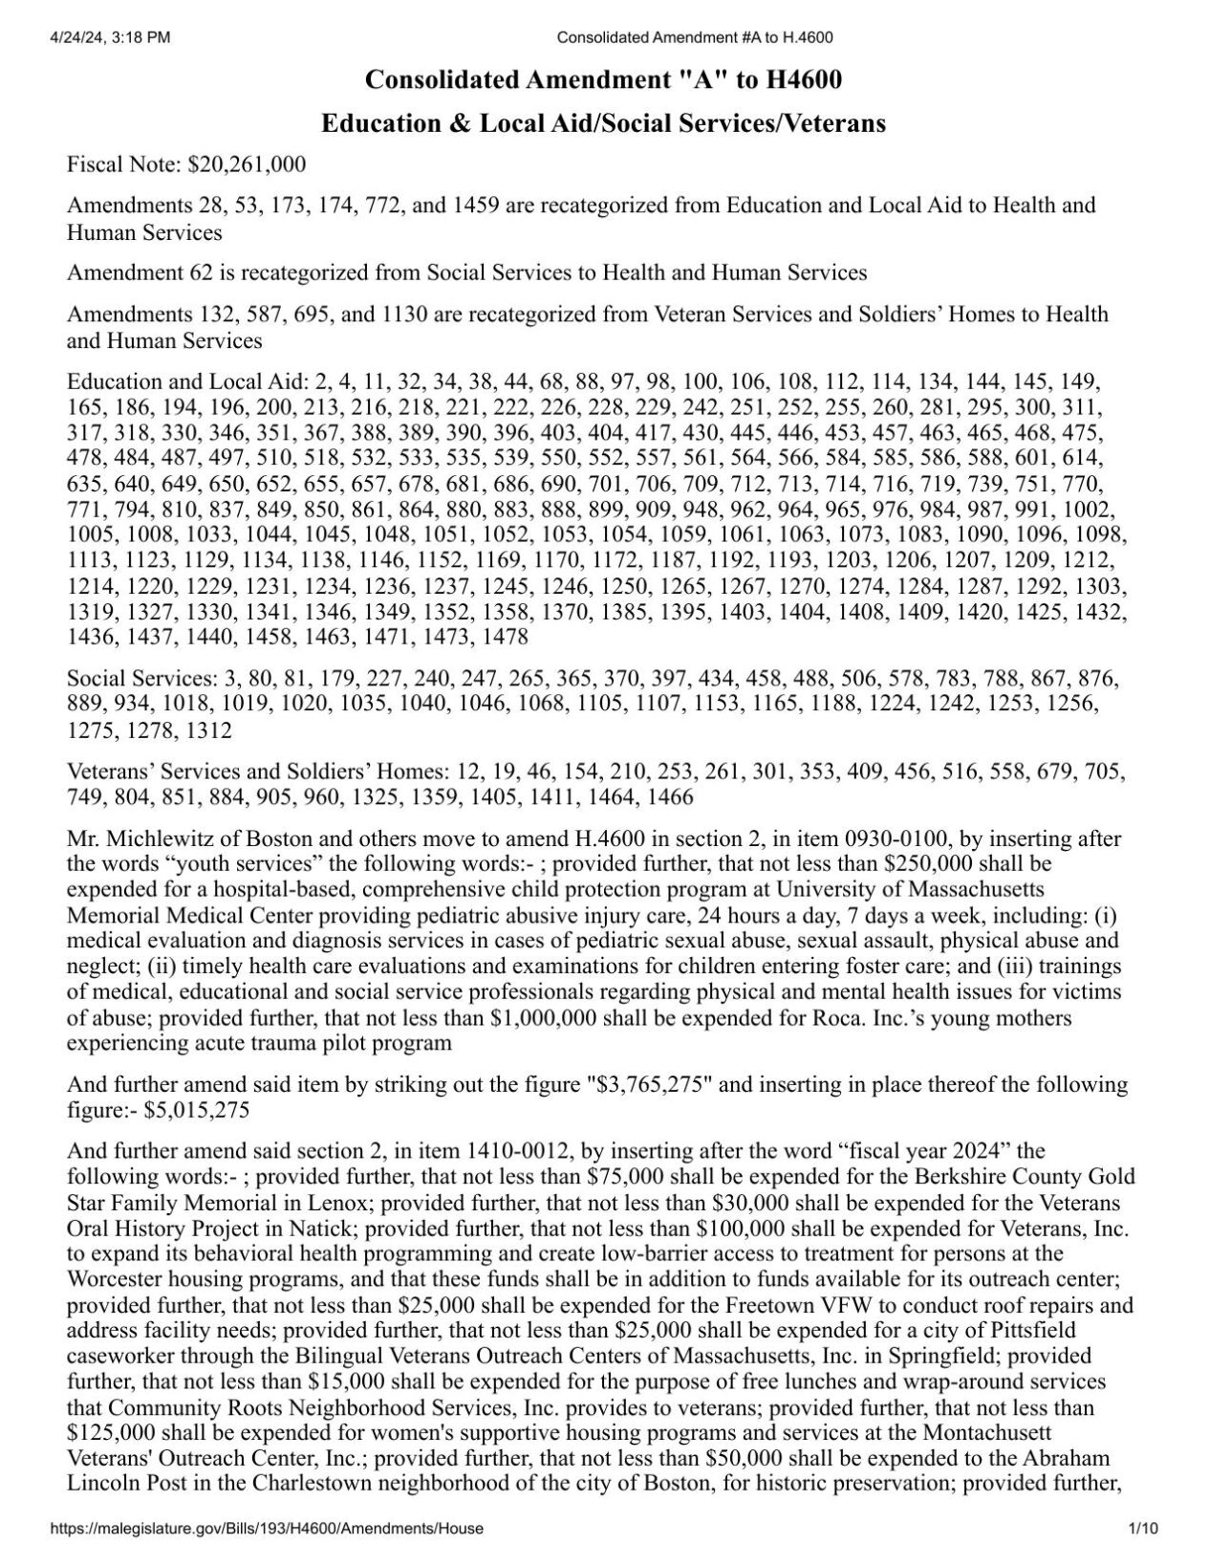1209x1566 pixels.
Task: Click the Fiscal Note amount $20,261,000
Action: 248,164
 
